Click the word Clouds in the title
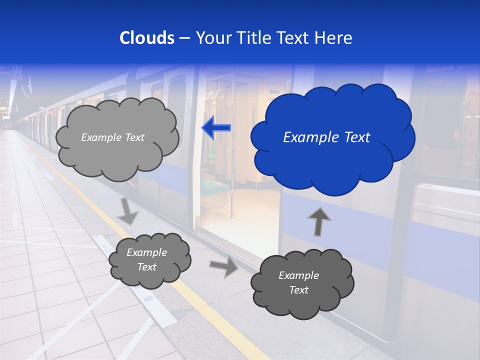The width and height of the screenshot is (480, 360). click(147, 38)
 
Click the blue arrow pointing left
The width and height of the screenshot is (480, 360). click(216, 128)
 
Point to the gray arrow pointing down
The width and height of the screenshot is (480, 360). click(128, 211)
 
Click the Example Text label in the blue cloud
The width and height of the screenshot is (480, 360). click(326, 137)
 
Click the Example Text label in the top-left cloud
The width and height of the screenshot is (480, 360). click(112, 137)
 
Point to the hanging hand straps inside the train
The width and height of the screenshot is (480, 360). click(218, 93)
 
